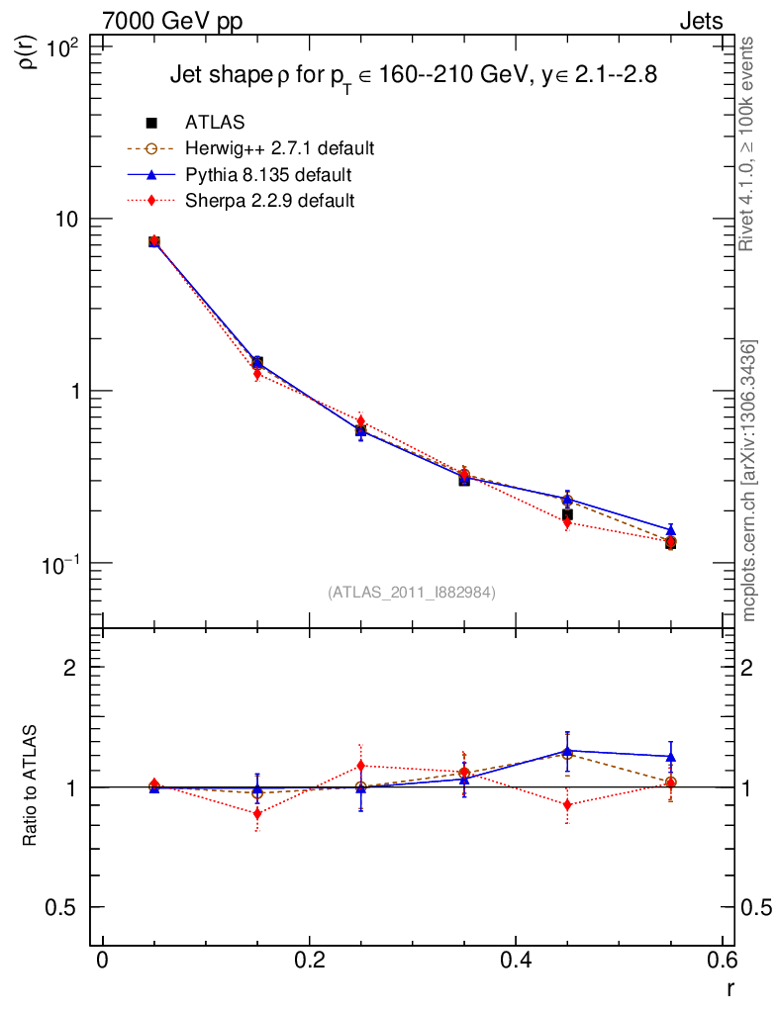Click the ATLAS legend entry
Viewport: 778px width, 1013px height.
point(215,123)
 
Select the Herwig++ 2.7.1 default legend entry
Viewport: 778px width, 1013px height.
point(279,149)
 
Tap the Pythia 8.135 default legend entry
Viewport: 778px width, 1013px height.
point(267,175)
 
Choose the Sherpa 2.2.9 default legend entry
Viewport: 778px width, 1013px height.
point(269,201)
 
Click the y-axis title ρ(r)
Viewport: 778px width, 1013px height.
point(29,51)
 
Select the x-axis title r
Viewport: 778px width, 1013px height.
point(730,987)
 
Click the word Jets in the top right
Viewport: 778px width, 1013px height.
point(701,21)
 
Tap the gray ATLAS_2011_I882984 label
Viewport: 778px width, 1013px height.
point(412,592)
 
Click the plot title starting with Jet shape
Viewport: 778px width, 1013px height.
point(414,75)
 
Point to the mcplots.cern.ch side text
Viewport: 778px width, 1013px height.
point(749,480)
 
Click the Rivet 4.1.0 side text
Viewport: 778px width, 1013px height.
point(749,143)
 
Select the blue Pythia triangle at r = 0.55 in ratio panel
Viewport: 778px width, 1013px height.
point(670,757)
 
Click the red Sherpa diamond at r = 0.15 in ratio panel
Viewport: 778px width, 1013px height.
point(257,814)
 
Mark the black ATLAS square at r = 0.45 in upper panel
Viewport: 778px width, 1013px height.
point(567,514)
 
